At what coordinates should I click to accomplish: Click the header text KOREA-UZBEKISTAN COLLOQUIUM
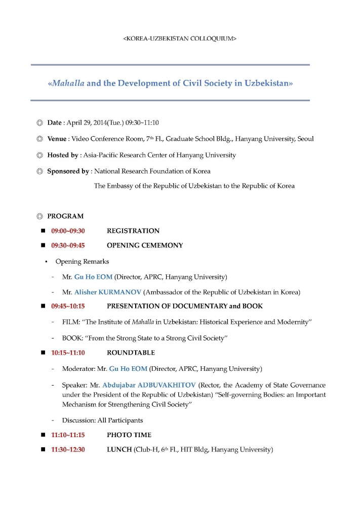tap(180, 38)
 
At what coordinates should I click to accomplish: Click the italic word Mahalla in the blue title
tap(67, 83)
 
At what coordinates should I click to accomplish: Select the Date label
tap(54, 122)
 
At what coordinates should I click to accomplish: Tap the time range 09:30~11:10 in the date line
tap(143, 122)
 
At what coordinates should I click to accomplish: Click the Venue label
tap(57, 139)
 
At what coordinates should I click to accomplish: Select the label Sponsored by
tap(68, 171)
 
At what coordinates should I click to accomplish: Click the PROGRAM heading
tap(65, 216)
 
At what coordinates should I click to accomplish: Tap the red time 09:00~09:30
tap(68, 231)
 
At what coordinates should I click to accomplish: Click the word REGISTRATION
tap(133, 231)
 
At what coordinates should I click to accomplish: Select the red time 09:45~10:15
tap(68, 306)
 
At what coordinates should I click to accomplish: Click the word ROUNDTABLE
tap(131, 353)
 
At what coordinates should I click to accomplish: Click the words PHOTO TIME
tap(129, 435)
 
